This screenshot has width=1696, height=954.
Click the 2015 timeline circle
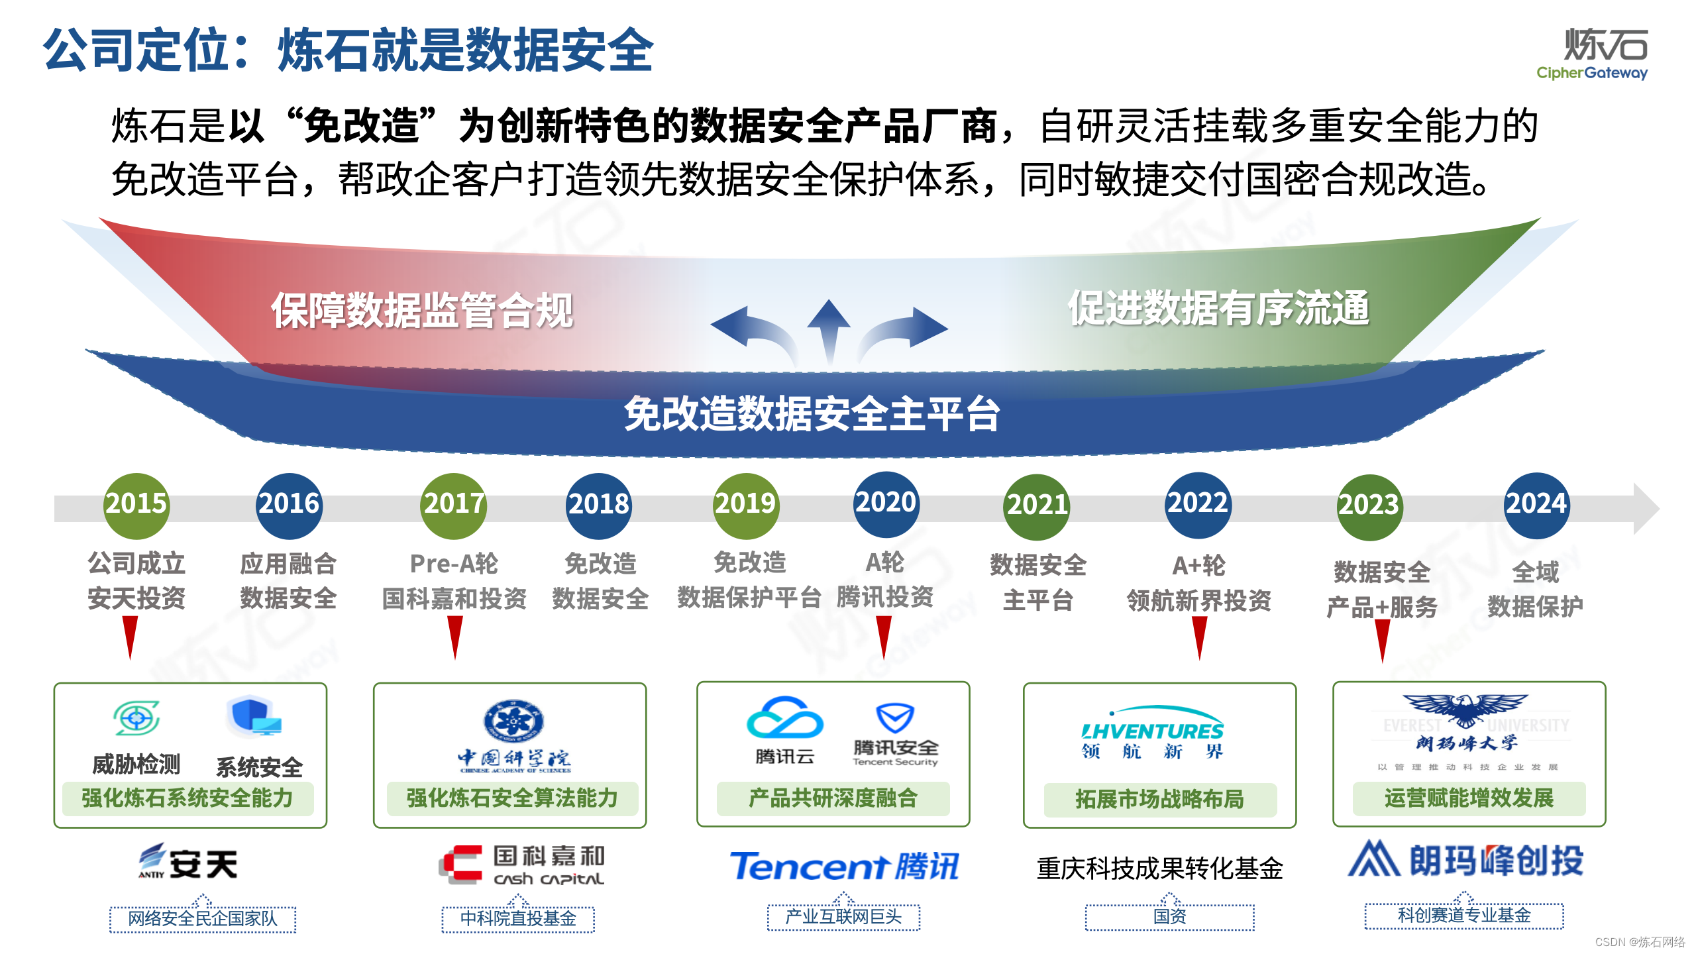[137, 504]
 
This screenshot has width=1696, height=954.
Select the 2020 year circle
[886, 503]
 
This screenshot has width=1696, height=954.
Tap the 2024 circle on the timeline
[1536, 504]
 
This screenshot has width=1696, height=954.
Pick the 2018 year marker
[599, 505]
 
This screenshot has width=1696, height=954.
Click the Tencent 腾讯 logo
[844, 866]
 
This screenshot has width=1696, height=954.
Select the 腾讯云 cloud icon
[785, 718]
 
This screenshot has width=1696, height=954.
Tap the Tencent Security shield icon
[895, 718]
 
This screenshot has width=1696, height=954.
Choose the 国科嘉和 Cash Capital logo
[522, 865]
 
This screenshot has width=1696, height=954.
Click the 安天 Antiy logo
[188, 863]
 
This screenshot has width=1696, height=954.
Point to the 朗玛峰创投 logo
[1465, 860]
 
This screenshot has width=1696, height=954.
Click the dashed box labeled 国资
[1169, 917]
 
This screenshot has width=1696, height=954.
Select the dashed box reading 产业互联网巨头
[843, 917]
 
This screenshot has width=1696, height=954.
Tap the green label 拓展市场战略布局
[1159, 799]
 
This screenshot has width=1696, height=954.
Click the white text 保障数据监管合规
[422, 311]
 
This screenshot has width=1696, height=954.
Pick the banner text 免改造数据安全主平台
[812, 415]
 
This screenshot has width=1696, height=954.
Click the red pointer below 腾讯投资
[884, 636]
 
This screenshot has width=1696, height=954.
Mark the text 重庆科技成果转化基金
[1159, 869]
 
